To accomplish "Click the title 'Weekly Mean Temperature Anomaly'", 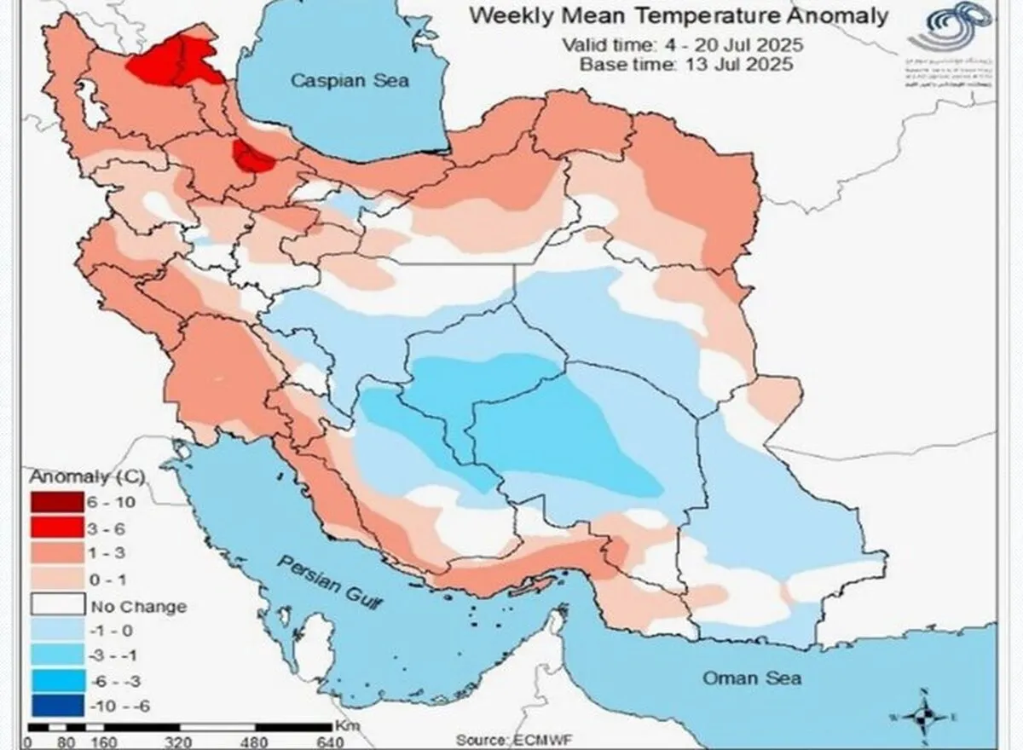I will pos(679,15).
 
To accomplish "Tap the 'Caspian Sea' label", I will pos(350,81).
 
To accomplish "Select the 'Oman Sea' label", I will pos(751,678).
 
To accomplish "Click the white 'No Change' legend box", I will pos(56,606).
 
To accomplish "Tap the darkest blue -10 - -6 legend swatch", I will pos(56,706).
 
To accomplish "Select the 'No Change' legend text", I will pos(136,607).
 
